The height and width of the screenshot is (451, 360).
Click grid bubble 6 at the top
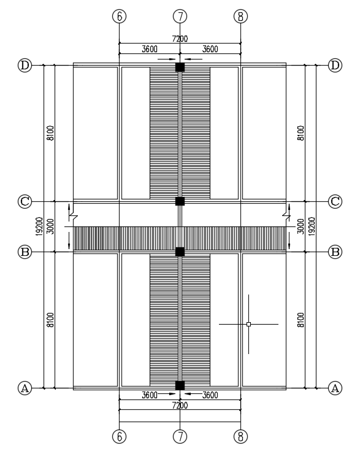120,16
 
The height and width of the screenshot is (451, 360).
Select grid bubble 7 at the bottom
180,437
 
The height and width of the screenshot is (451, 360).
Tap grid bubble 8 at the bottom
240,437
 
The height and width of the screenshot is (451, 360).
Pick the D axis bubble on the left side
25,65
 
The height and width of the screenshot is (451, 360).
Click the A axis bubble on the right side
335,388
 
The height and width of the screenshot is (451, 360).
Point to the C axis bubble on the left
25,201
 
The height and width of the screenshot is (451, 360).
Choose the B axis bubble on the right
335,252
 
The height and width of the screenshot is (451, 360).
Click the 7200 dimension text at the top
180,39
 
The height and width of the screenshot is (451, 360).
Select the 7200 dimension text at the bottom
180,405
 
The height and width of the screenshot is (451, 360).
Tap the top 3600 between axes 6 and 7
150,49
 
